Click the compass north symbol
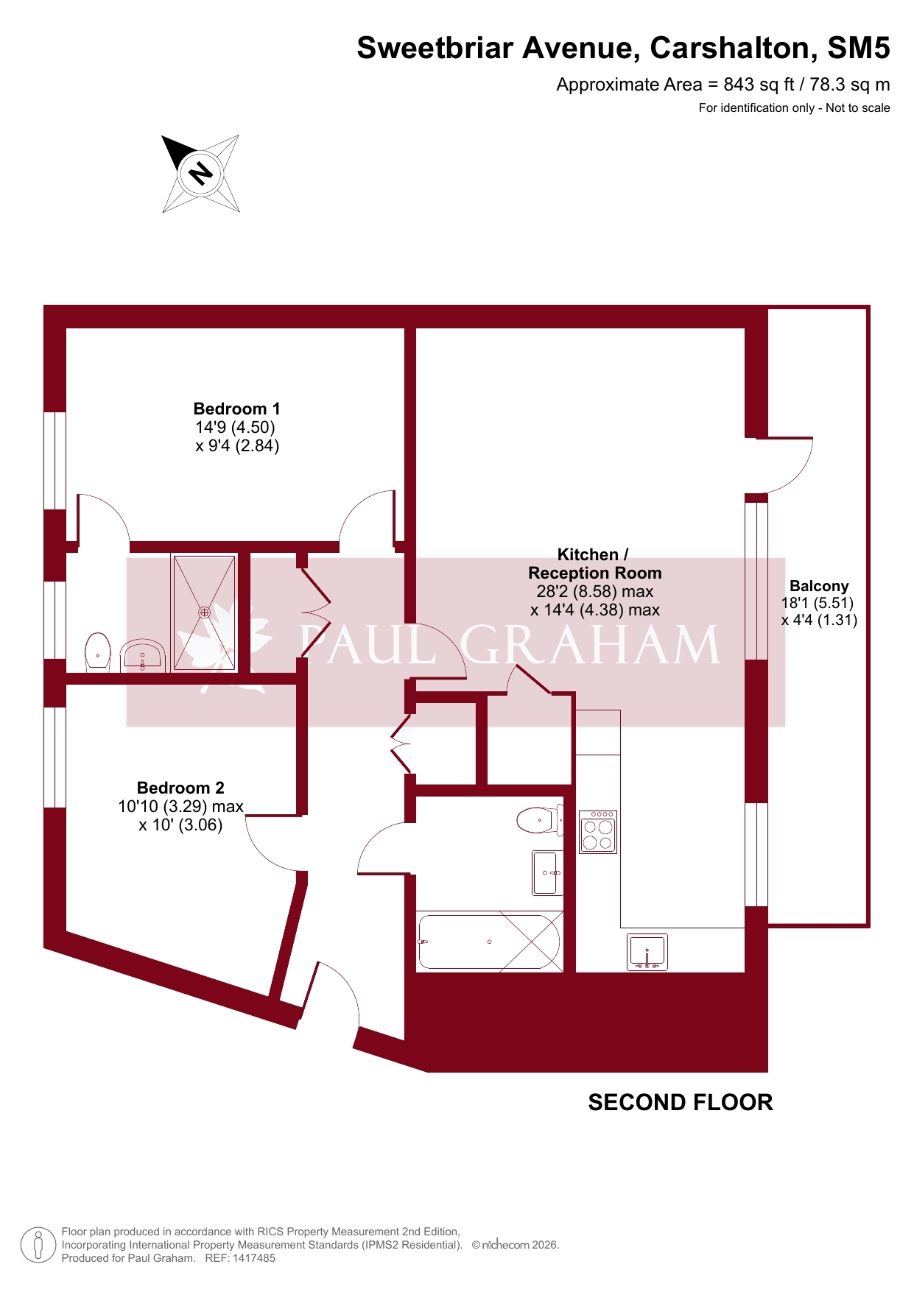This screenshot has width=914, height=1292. (x=200, y=174)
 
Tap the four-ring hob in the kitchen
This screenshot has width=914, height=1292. (x=598, y=832)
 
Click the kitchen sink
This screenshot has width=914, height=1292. (x=647, y=952)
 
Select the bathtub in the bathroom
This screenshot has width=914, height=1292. (x=490, y=942)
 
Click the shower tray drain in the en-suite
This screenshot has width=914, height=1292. (x=205, y=613)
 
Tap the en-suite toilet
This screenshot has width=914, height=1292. (x=98, y=652)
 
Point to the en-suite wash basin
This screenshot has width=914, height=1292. (x=142, y=655)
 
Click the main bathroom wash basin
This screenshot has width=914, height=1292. (x=548, y=873)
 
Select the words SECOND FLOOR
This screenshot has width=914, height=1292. (x=681, y=1102)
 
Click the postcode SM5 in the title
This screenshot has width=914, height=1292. (x=859, y=48)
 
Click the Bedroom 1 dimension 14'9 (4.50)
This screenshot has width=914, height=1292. (x=235, y=427)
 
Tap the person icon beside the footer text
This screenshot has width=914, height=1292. (x=38, y=1245)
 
